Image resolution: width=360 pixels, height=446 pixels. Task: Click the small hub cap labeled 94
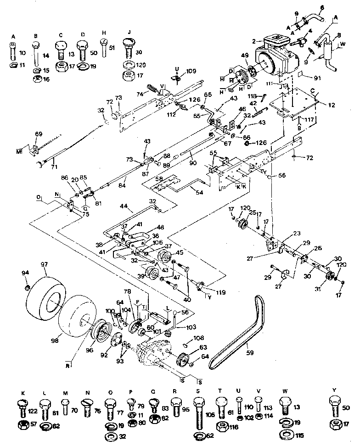click(x=27, y=288)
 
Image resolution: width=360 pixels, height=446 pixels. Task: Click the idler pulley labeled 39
click(x=150, y=276)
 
